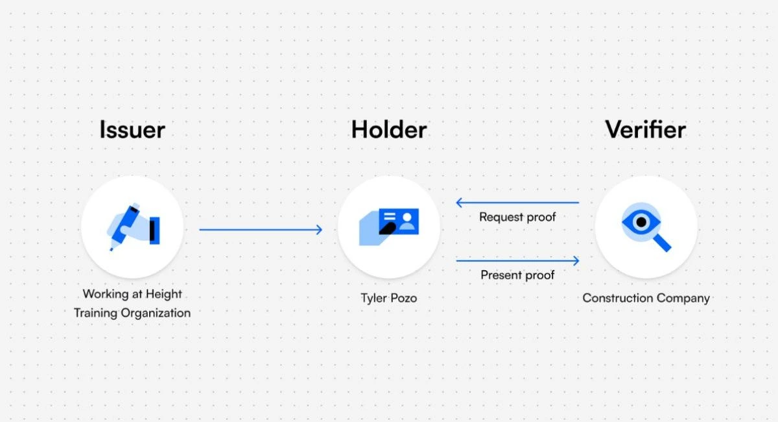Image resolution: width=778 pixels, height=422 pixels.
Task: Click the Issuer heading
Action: [132, 130]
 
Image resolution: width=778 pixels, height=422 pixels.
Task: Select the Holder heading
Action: [388, 130]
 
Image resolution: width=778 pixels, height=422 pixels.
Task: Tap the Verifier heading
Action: [645, 130]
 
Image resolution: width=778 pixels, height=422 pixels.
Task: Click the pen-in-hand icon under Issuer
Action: [133, 227]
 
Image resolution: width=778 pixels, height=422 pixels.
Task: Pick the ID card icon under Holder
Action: [389, 227]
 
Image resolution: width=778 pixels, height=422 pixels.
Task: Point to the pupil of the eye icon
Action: [641, 222]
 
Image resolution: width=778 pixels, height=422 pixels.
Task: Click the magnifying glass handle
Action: [662, 243]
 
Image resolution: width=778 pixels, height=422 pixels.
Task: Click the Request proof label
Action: [517, 217]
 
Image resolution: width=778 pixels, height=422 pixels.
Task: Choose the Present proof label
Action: [517, 275]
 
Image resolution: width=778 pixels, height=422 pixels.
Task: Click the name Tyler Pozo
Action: [389, 299]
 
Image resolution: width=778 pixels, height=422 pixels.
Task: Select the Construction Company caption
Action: [646, 299]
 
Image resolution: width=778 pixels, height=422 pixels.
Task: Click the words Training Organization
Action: [132, 313]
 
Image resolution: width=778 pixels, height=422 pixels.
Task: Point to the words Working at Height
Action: [132, 294]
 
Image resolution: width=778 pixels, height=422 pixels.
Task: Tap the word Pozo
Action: [403, 299]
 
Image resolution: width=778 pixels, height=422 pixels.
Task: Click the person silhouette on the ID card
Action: [407, 221]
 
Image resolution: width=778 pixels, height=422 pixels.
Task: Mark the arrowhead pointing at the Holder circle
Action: [318, 229]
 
